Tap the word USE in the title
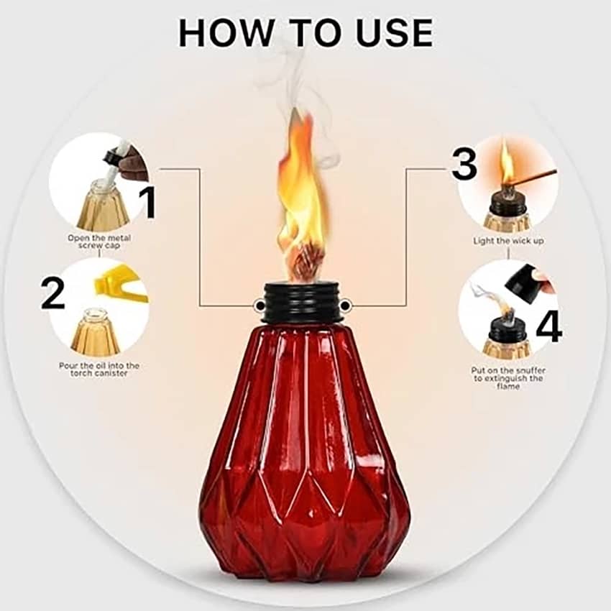[395, 32]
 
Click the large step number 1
[149, 202]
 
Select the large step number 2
[52, 294]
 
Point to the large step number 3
[464, 164]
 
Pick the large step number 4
[549, 326]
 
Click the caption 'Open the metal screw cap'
[99, 242]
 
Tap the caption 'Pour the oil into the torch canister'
[99, 369]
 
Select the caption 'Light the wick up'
[508, 241]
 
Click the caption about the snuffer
[508, 378]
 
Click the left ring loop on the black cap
[257, 306]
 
